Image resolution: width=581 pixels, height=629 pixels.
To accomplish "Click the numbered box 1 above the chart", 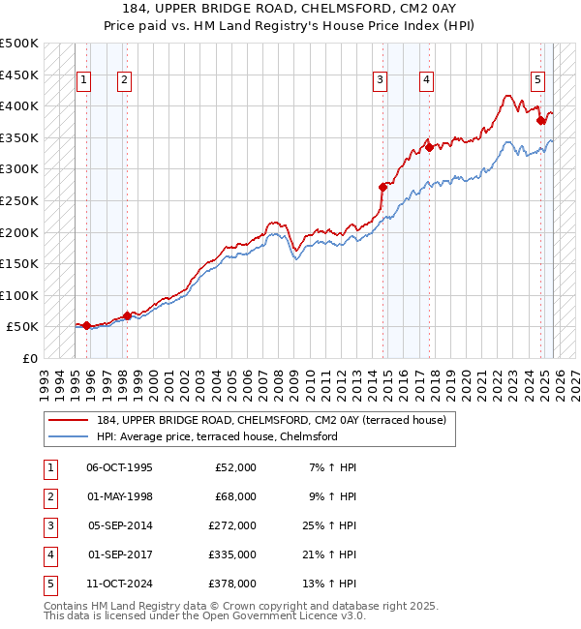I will pyautogui.click(x=83, y=80).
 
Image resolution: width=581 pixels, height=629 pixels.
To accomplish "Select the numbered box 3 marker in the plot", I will pyautogui.click(x=381, y=80).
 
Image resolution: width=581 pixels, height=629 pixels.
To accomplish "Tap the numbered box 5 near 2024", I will pyautogui.click(x=537, y=80).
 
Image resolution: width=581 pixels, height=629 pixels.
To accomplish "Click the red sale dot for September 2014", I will pyautogui.click(x=382, y=187).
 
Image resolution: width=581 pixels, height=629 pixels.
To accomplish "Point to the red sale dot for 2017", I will pyautogui.click(x=427, y=148).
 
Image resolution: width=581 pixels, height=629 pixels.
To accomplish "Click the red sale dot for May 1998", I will pyautogui.click(x=127, y=315).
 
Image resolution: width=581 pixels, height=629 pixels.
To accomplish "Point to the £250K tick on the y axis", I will pyautogui.click(x=18, y=201).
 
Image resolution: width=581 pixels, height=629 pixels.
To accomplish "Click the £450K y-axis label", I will pyautogui.click(x=18, y=75).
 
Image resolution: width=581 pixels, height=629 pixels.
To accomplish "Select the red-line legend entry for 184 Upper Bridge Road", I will pyautogui.click(x=271, y=420).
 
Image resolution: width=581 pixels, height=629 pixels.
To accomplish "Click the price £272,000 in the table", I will pyautogui.click(x=232, y=525).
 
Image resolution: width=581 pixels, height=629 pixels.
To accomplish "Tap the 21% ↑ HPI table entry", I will pyautogui.click(x=329, y=554).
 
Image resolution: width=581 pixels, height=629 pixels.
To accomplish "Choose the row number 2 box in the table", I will pyautogui.click(x=48, y=496).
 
